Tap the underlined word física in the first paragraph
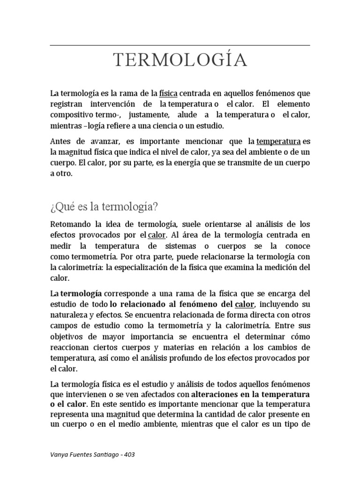click(168, 93)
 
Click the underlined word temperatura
click(279, 141)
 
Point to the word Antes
click(61, 141)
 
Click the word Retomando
click(71, 224)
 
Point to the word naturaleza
click(70, 315)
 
